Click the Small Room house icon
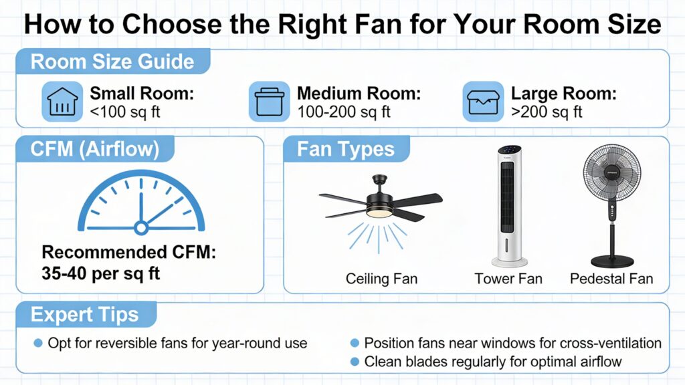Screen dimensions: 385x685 [x=62, y=101]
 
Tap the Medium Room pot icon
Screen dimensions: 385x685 [x=269, y=101]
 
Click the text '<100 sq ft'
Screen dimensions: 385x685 [x=125, y=111]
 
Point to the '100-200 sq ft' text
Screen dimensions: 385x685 [x=343, y=111]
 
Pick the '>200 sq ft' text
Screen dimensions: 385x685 [x=547, y=111]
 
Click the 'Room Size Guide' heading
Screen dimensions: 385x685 [x=112, y=62]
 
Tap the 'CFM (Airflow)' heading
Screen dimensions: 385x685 [x=95, y=150]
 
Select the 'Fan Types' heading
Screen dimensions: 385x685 [x=346, y=150]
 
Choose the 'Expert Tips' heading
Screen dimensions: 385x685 [x=85, y=315]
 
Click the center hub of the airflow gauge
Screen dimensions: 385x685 [x=140, y=228]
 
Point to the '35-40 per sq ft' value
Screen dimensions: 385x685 [x=101, y=273]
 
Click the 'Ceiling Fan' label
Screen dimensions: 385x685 [x=381, y=278]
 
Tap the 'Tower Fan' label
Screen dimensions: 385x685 [x=508, y=278]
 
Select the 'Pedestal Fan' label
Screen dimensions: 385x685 [x=611, y=278]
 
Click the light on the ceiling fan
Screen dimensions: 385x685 [x=379, y=211]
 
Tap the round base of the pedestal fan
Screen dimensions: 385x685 [x=611, y=260]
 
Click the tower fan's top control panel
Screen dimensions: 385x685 [x=508, y=152]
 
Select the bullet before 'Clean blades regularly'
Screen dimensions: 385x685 [x=355, y=362]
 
